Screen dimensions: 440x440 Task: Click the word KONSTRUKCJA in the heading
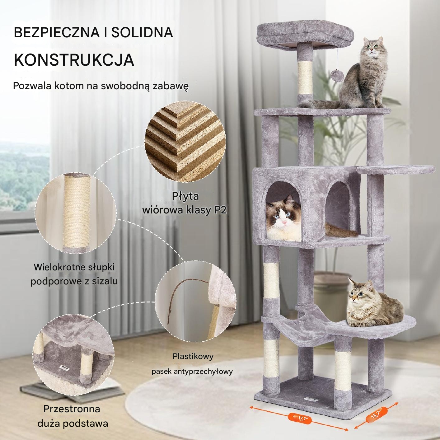click(x=74, y=60)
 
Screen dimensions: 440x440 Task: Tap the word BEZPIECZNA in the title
click(x=57, y=32)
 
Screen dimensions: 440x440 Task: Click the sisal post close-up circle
click(x=76, y=213)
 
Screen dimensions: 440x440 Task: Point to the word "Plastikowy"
click(x=193, y=356)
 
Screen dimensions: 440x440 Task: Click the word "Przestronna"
click(x=72, y=409)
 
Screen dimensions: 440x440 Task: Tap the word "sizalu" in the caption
click(x=105, y=281)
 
